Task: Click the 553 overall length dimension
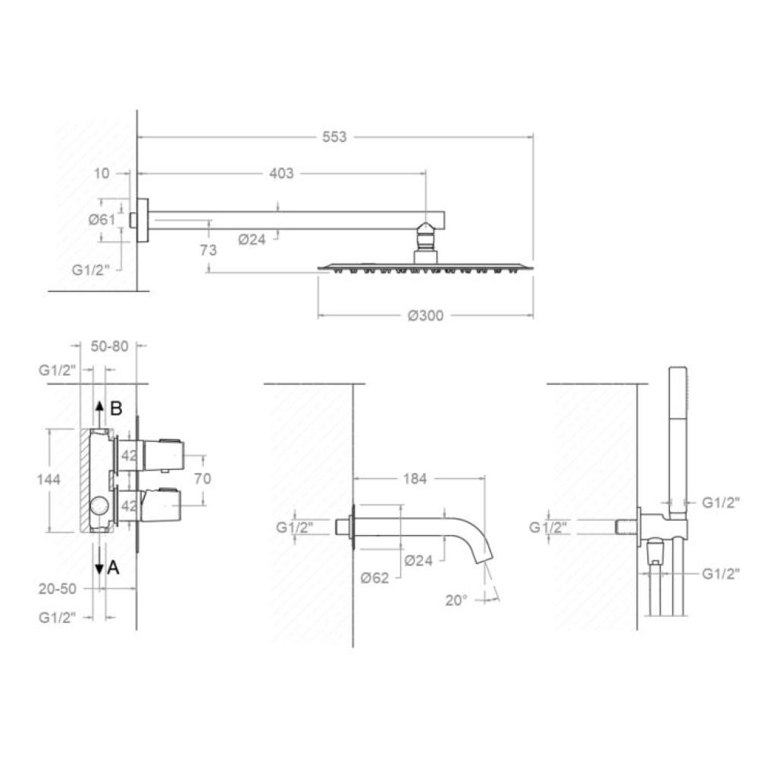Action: coord(334,137)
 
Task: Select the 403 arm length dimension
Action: coord(281,174)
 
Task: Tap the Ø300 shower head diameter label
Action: coord(425,315)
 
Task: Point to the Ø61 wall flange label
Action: coord(102,220)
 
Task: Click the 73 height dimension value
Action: coord(208,250)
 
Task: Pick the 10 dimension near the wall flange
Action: coord(102,174)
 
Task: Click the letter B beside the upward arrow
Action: coord(116,408)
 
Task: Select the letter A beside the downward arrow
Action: coord(114,568)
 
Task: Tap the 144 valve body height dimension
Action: coord(49,479)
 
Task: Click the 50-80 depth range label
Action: coord(110,346)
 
